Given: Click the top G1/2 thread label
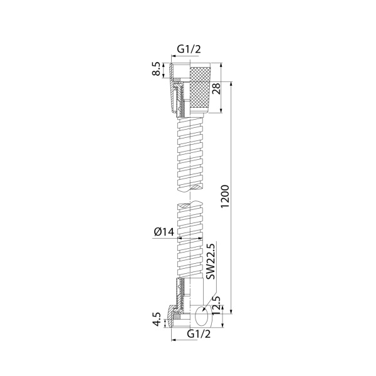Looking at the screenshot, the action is point(189,49).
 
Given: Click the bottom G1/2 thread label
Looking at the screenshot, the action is point(199,333).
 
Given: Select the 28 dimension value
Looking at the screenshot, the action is point(216,89).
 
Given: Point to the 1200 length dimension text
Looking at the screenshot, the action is point(226,196).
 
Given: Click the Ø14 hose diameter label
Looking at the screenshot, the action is point(164,232).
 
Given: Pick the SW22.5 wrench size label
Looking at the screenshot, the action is point(211,261).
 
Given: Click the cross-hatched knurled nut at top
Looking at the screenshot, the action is point(200,88).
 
